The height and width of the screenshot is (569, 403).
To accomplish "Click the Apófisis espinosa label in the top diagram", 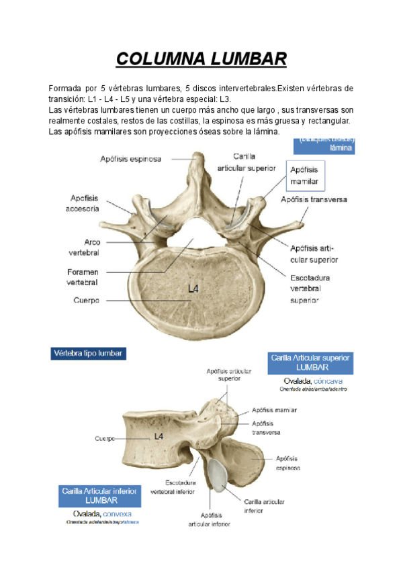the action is click(131, 159).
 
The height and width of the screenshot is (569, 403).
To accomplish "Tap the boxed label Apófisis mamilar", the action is click(305, 176).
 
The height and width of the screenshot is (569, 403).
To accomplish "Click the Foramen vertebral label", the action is click(83, 277).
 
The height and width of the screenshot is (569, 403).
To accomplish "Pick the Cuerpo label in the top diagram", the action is click(87, 300).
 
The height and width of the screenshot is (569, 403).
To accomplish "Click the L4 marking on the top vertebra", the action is click(193, 289).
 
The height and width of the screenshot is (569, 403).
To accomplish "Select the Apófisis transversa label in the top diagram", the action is click(314, 199).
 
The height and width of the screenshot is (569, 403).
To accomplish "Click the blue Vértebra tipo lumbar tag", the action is click(89, 353).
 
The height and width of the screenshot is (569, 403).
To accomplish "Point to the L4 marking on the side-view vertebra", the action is click(159, 436).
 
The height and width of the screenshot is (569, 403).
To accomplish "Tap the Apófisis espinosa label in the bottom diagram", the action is click(288, 463).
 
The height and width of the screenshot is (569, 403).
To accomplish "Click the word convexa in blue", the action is click(118, 513).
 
